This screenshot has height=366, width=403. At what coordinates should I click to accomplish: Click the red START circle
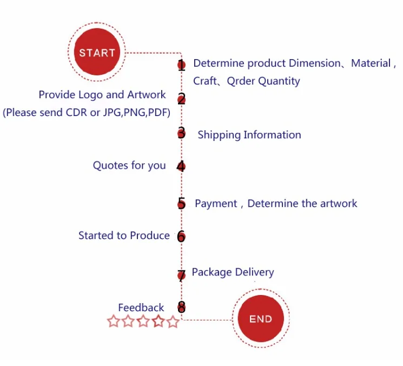[x=97, y=52]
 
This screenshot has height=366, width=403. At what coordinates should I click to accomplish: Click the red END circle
[x=261, y=318]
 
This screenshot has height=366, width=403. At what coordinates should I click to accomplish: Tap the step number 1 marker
[x=181, y=65]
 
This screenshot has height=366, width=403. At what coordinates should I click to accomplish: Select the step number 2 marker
[x=181, y=99]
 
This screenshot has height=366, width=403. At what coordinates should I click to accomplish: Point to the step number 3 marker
[x=181, y=133]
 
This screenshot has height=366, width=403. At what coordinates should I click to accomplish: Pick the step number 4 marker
[x=181, y=166]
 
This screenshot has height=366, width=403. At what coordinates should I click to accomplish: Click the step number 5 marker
[x=181, y=203]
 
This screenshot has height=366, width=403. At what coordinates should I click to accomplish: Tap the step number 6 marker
[x=181, y=236]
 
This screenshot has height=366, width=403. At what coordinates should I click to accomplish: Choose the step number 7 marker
[x=181, y=275]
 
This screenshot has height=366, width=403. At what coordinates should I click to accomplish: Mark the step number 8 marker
[x=181, y=307]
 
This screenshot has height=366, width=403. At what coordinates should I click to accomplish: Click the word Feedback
[x=141, y=307]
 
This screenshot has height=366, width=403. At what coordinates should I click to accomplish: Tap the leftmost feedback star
[x=114, y=321]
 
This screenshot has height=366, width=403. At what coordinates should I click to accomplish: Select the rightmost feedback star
[x=173, y=321]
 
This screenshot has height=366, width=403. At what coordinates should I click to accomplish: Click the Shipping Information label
[x=249, y=135]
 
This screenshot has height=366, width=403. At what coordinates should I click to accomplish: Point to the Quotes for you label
[x=129, y=165]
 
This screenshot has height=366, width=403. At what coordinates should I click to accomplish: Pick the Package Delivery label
[x=233, y=273]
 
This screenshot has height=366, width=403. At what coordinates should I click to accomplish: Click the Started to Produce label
[x=124, y=235]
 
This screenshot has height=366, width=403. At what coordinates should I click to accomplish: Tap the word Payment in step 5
[x=216, y=204]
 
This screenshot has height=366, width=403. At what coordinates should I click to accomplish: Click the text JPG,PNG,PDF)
[x=137, y=113]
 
